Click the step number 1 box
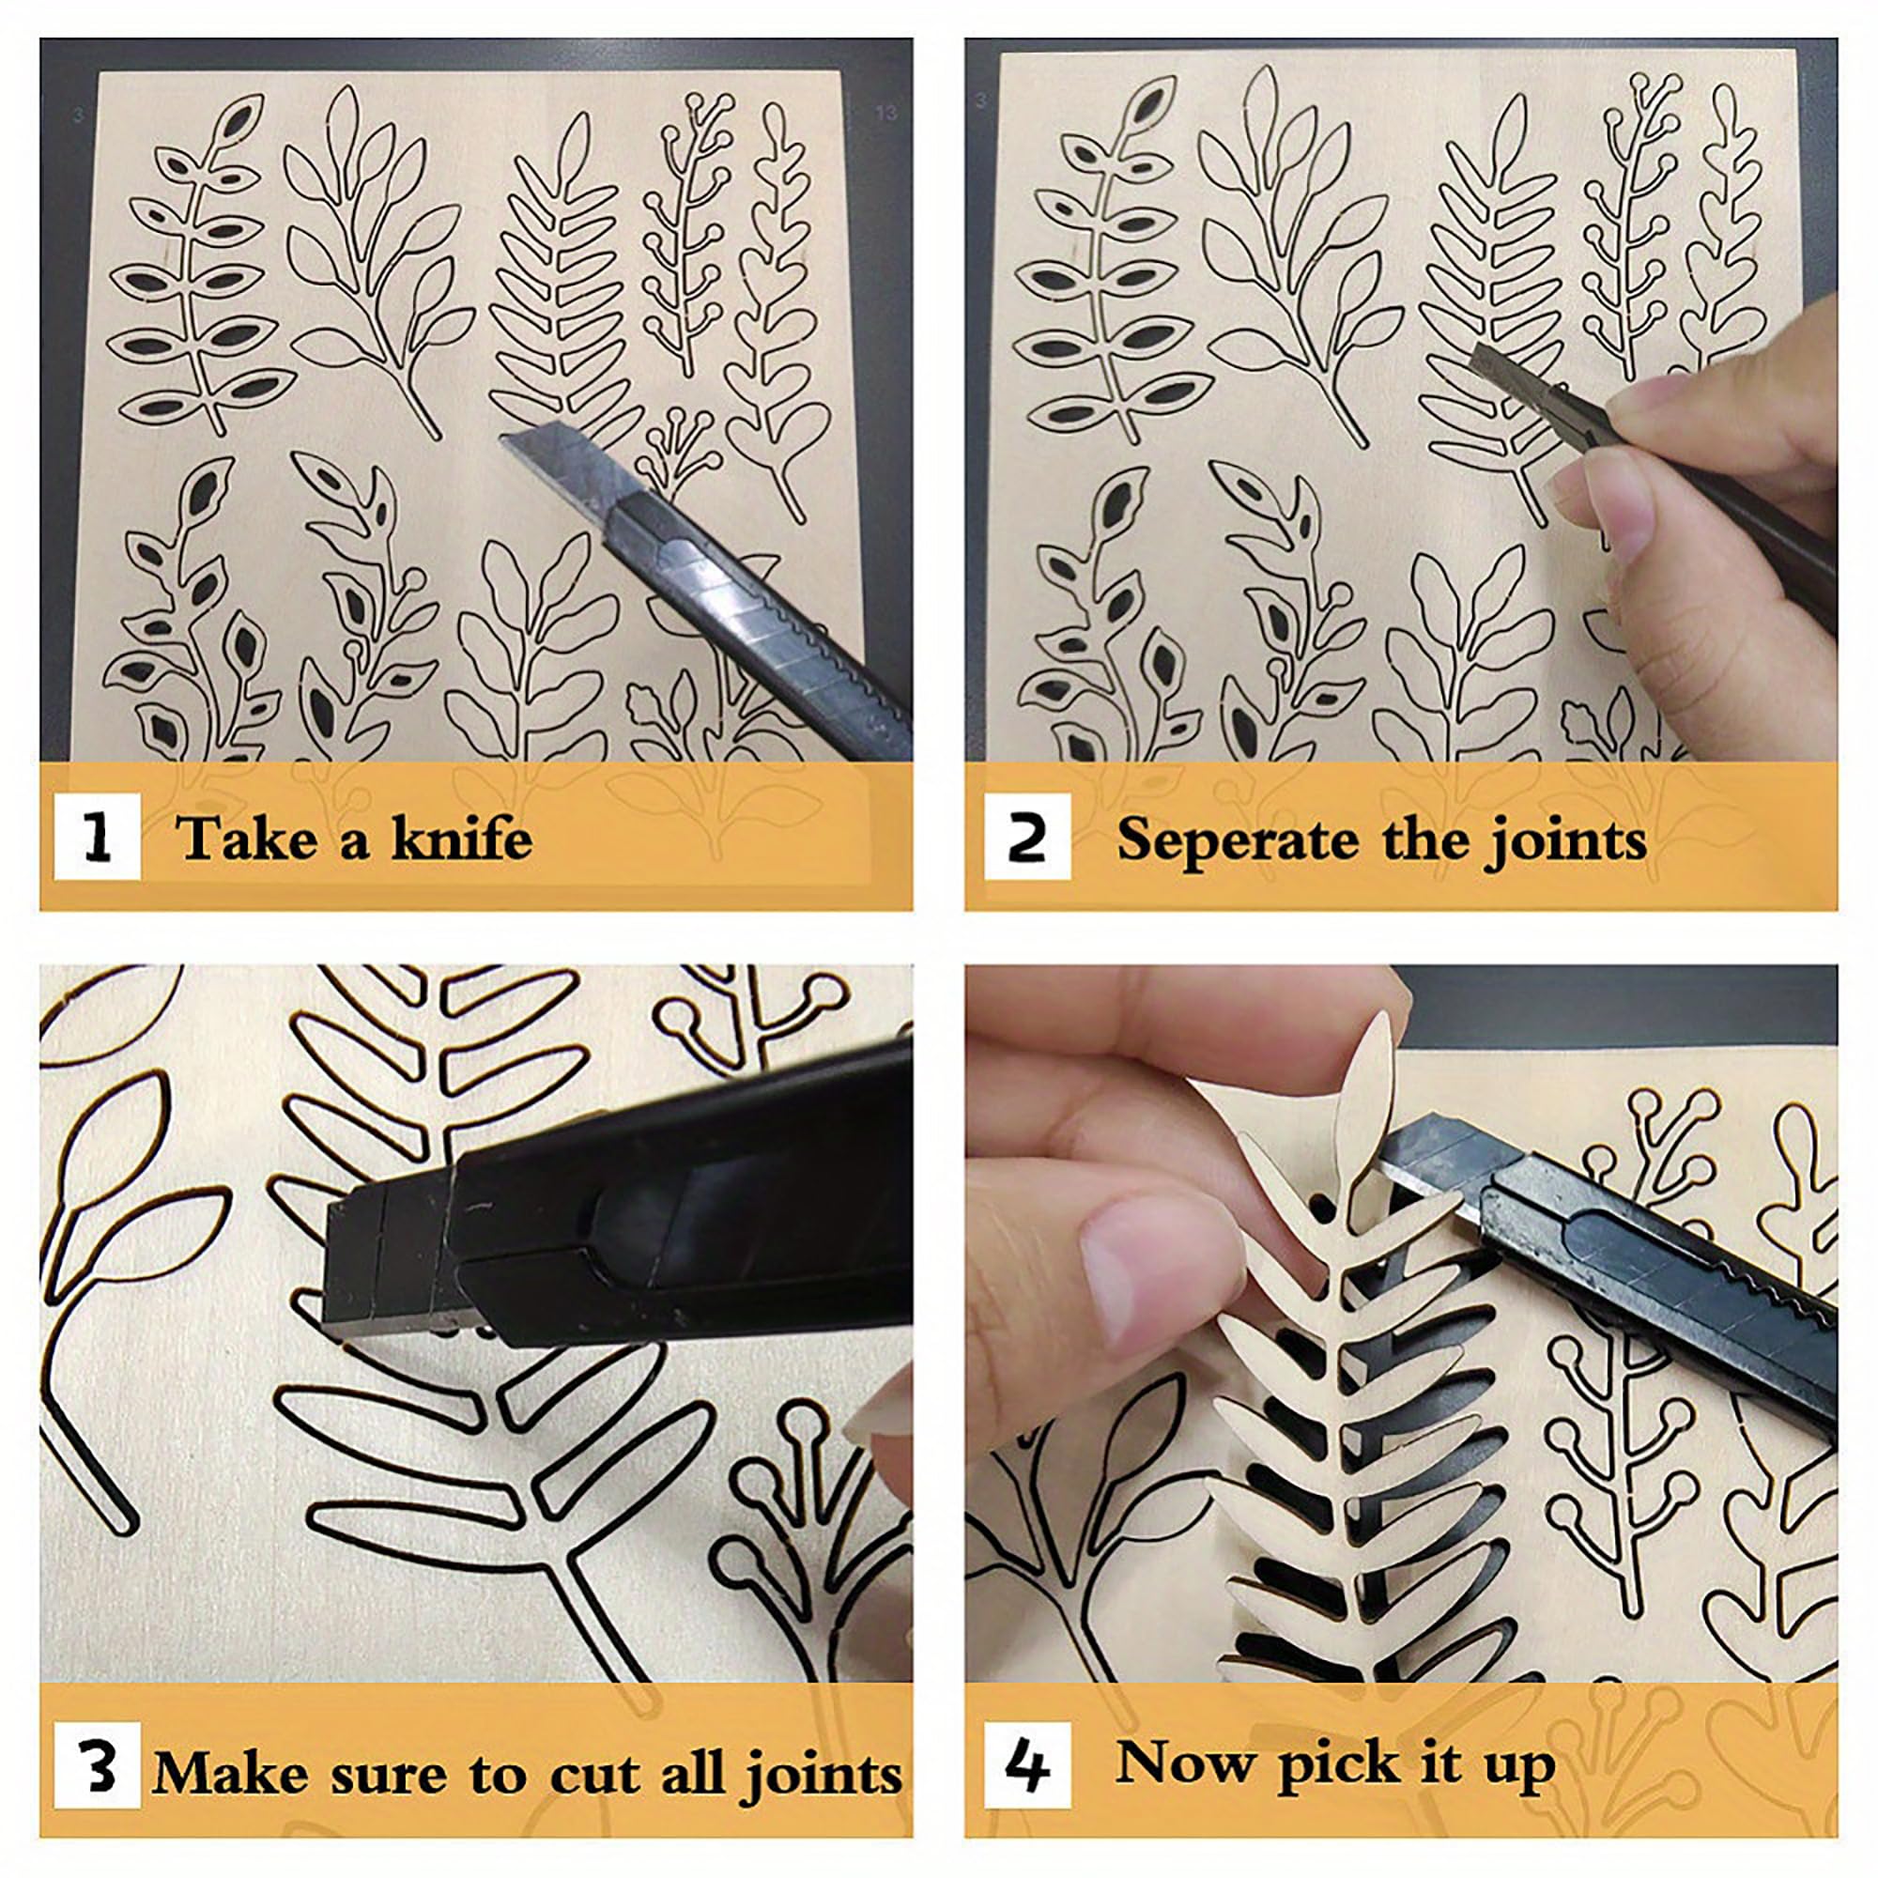pos(98,837)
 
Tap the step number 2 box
pos(1027,837)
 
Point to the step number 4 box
pos(1027,1765)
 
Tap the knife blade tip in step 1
pos(501,439)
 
